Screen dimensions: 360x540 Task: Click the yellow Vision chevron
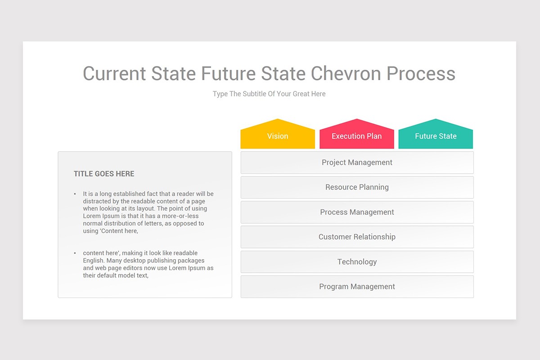[278, 136]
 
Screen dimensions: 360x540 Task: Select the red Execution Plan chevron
[356, 136]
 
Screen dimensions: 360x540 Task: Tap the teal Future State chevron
[436, 136]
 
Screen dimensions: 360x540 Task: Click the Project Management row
[357, 162]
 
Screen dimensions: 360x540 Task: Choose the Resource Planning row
[357, 187]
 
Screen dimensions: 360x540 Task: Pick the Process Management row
[357, 212]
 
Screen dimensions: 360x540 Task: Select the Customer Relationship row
[357, 237]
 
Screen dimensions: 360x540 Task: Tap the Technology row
[357, 261]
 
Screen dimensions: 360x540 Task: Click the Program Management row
[357, 286]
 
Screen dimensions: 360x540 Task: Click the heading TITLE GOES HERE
[104, 174]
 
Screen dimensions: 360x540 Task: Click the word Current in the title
[114, 74]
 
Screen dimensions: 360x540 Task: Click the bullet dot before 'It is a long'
[75, 194]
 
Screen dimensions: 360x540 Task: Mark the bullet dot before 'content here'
[75, 253]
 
